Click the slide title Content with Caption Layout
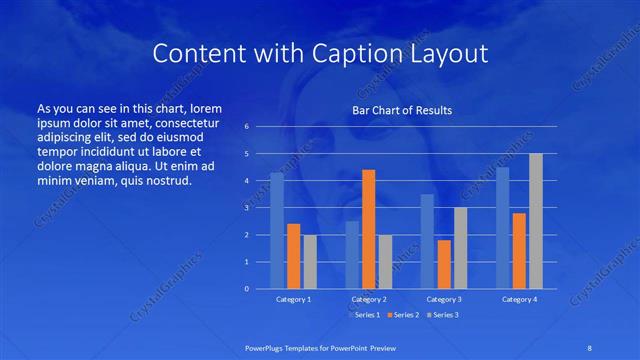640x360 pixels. click(x=319, y=54)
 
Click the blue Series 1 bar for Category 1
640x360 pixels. click(x=277, y=231)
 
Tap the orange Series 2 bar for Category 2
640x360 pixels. click(x=368, y=229)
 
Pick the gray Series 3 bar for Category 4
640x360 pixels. click(x=536, y=221)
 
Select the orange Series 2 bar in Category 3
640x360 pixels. click(x=443, y=264)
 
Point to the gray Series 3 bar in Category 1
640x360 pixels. click(x=310, y=262)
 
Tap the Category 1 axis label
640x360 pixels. click(x=293, y=299)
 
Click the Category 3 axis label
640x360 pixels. click(x=443, y=299)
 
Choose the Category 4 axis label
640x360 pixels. click(x=519, y=299)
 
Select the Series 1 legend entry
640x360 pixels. click(x=364, y=315)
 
